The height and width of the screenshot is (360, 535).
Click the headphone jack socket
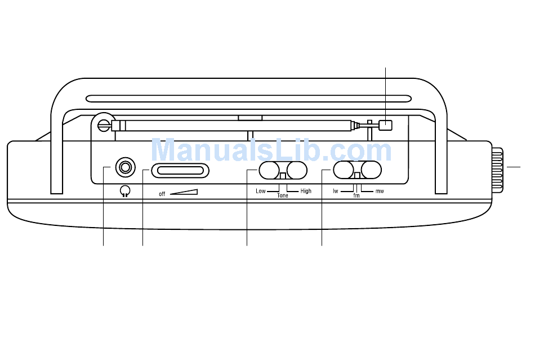(125, 167)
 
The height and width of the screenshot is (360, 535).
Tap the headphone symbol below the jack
(125, 192)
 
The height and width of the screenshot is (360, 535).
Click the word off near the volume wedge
(162, 194)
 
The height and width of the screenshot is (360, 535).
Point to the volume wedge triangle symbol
(184, 192)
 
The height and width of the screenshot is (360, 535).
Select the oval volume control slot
(180, 171)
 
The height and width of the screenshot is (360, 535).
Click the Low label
(261, 191)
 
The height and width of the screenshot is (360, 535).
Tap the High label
(306, 191)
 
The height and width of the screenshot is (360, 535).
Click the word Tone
(283, 195)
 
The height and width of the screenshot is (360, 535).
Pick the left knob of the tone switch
(269, 170)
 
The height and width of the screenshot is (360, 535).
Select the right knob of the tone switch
(297, 170)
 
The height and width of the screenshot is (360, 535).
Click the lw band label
(336, 191)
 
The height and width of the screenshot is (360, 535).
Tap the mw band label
(380, 191)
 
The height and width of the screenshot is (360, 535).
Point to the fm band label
(356, 195)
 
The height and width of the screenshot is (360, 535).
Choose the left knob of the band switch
(344, 170)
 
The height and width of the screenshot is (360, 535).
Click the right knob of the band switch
(371, 170)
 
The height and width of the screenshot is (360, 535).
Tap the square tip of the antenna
(386, 126)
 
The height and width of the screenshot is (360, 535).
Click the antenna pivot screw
(104, 126)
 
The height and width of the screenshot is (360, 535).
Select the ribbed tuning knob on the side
(497, 170)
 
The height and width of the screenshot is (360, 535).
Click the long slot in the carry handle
(248, 99)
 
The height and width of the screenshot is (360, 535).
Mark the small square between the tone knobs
(283, 176)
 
